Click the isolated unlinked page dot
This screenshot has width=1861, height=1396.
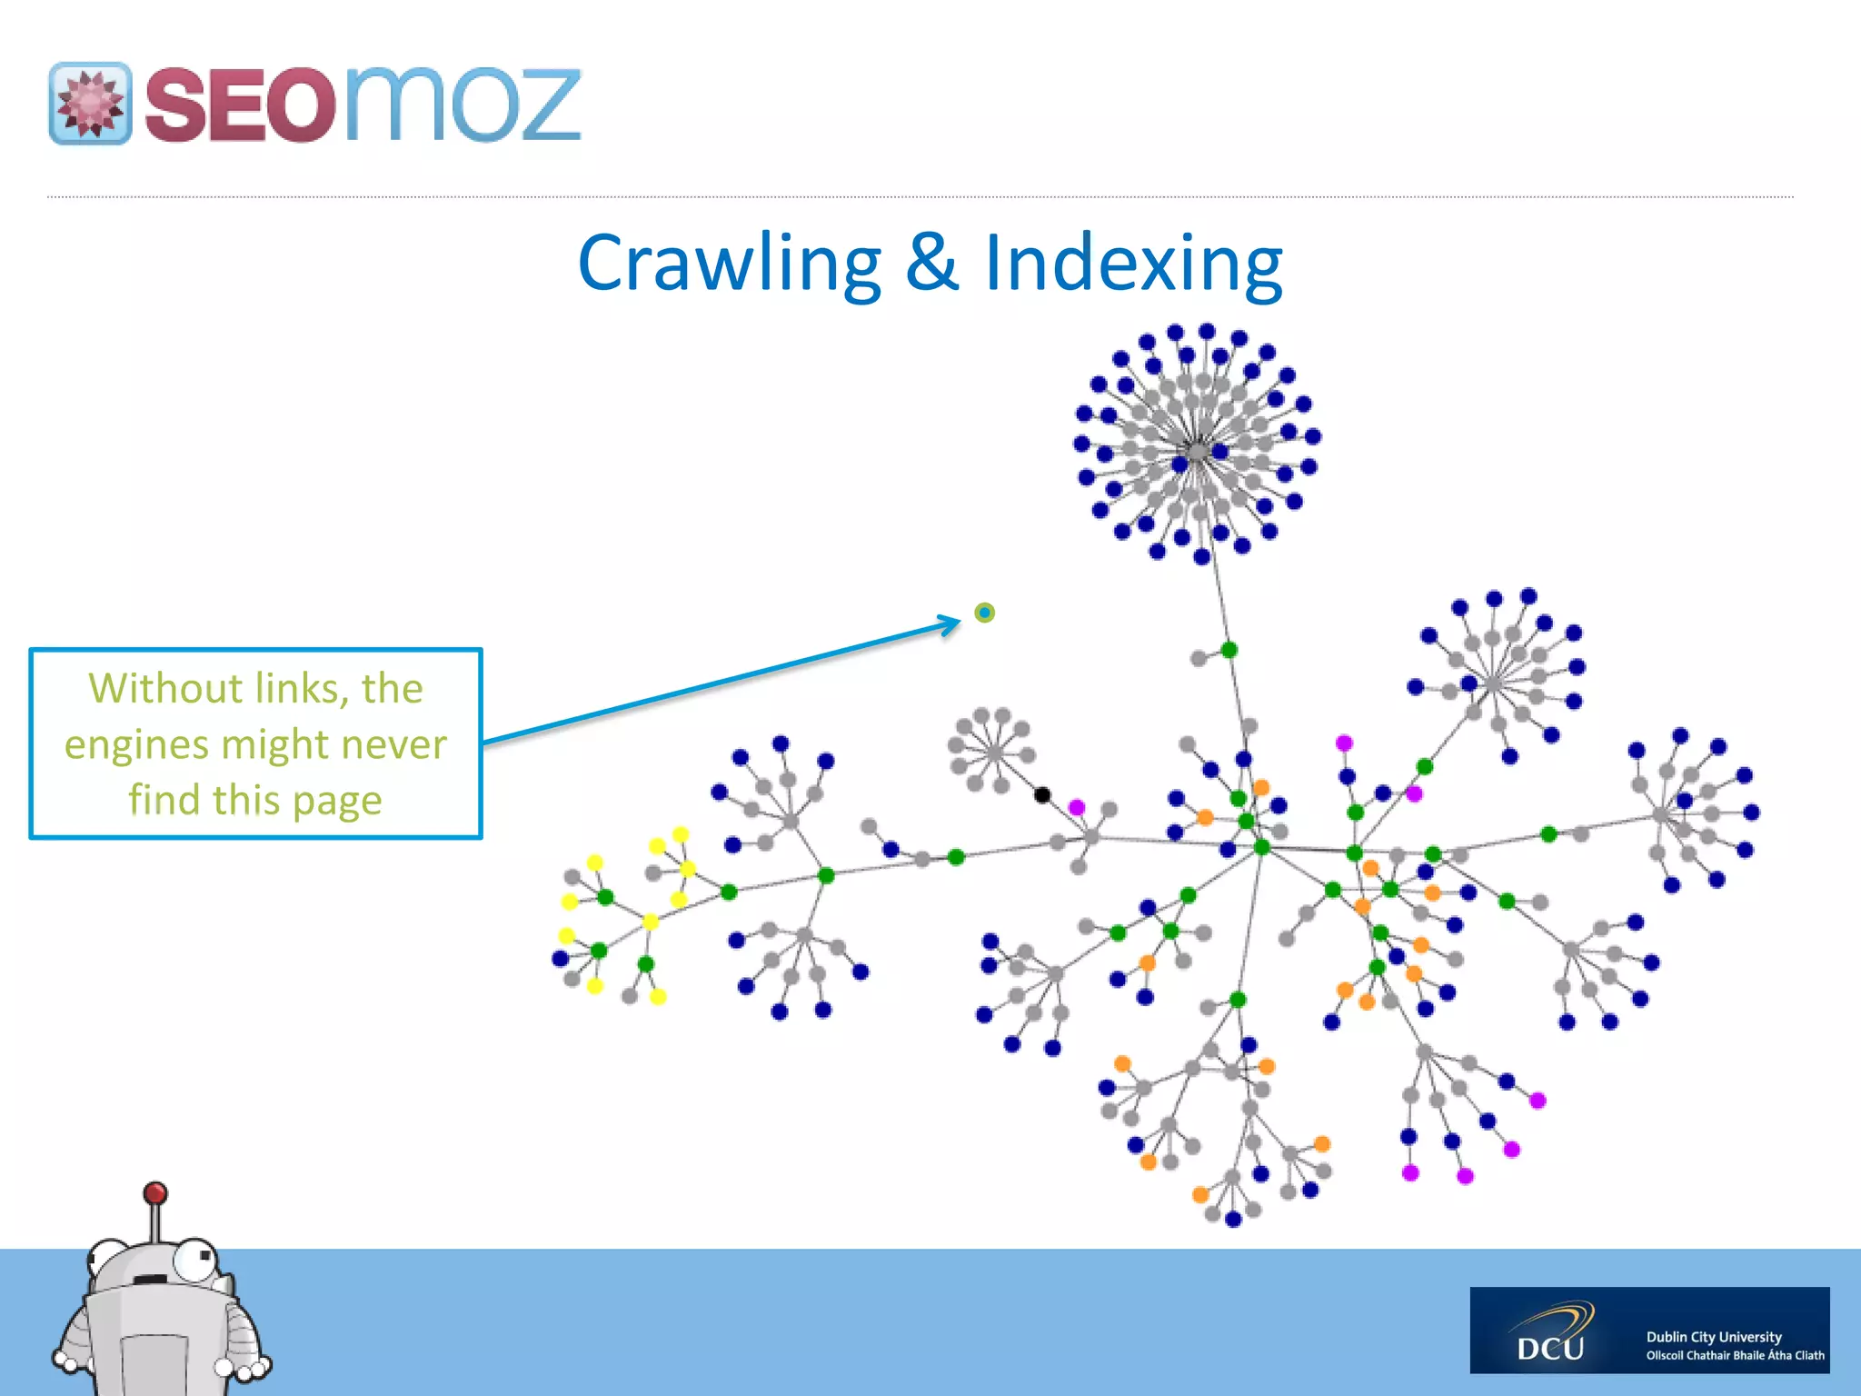(984, 613)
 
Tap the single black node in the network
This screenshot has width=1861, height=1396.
(1042, 795)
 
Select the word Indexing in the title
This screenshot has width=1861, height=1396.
(1133, 263)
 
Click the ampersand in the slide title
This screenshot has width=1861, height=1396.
(931, 263)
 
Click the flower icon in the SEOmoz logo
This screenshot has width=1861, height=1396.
(89, 104)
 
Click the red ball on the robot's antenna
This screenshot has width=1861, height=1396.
(155, 1192)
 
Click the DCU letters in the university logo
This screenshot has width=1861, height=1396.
(1550, 1347)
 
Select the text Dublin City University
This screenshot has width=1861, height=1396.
(1713, 1336)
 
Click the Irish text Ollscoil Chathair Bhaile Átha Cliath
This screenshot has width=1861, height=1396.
(1735, 1355)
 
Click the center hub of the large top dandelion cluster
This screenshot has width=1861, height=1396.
(1198, 451)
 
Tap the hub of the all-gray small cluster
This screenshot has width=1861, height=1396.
(994, 752)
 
